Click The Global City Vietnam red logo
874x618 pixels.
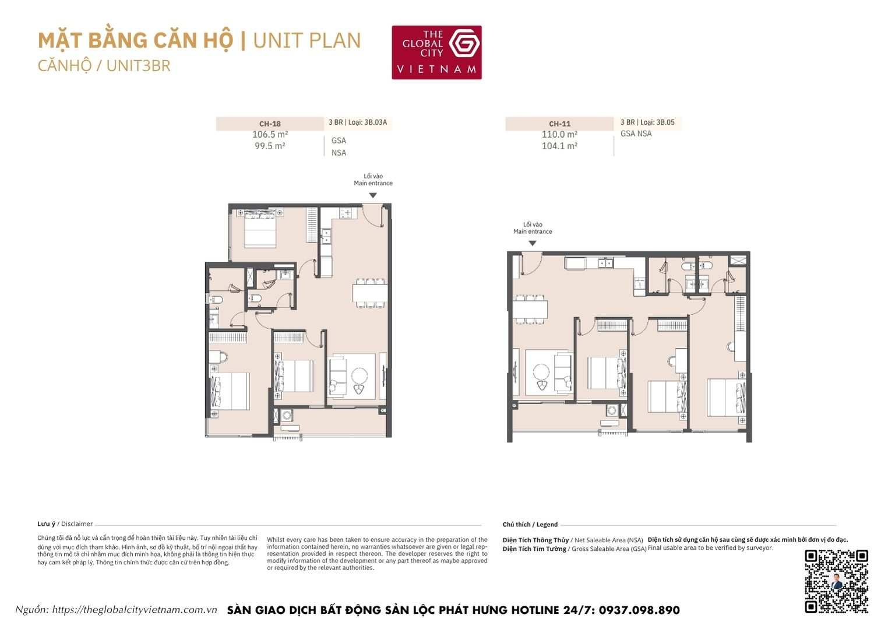[436, 52]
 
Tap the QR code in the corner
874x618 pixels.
[836, 581]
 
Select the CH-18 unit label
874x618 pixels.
[270, 124]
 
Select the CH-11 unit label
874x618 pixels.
[559, 124]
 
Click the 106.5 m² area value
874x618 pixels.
[270, 135]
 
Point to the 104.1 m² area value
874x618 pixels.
[559, 146]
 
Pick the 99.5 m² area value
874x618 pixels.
[270, 146]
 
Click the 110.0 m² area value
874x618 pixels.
[559, 135]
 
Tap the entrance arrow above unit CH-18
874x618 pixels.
[373, 195]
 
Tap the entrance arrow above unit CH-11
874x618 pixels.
[532, 243]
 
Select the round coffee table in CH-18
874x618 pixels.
[359, 375]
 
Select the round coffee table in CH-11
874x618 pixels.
[542, 372]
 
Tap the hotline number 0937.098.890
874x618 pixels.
[639, 610]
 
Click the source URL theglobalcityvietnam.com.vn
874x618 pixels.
[134, 610]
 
